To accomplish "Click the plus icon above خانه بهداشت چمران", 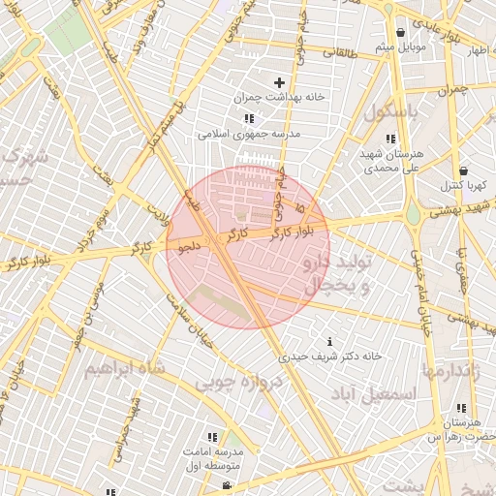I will [281, 83].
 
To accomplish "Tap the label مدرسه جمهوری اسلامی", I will [250, 134].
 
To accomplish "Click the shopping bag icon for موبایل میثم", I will [399, 33].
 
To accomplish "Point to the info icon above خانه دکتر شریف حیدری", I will [330, 341].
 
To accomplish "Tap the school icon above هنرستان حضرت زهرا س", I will [459, 409].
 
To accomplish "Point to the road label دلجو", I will [188, 246].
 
